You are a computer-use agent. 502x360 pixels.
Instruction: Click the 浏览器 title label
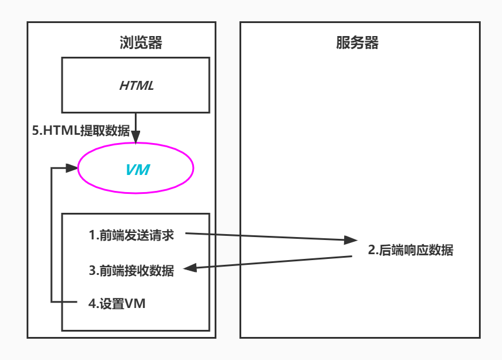(140, 43)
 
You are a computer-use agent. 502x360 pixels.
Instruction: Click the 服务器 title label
(357, 43)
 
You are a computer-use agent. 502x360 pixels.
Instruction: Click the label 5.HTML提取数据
(80, 131)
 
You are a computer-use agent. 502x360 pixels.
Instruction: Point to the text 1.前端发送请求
(131, 235)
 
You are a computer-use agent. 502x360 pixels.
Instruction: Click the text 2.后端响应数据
(410, 250)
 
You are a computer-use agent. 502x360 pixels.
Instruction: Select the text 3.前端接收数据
(131, 271)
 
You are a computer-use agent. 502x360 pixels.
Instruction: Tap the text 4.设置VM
(116, 304)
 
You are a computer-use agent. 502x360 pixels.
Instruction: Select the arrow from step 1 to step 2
(266, 237)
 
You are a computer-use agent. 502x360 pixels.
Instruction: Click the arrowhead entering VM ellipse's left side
(73, 168)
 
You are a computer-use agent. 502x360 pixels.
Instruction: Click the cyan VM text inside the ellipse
(137, 170)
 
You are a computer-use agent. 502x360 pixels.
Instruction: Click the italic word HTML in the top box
(136, 85)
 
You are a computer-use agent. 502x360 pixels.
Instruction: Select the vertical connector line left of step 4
(52, 236)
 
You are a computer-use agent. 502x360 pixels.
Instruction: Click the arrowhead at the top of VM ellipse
(137, 138)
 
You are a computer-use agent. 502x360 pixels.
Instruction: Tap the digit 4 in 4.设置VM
(92, 304)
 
